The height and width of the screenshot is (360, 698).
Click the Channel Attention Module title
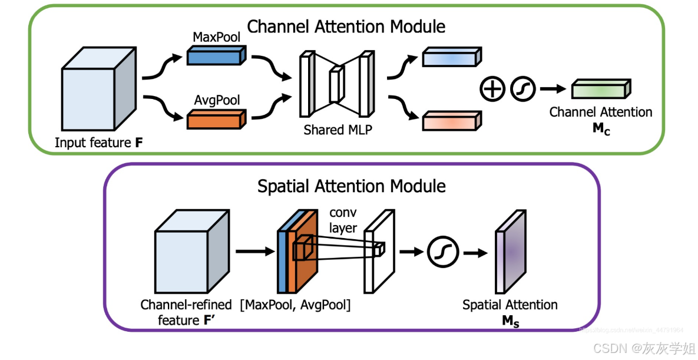coord(346,27)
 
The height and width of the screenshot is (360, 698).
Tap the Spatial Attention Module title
coord(351,186)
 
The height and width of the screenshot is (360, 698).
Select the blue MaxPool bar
coord(214,56)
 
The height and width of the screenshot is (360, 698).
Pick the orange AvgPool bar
coord(214,120)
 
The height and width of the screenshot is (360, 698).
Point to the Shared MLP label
coord(338,130)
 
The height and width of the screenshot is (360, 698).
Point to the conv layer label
coord(343,220)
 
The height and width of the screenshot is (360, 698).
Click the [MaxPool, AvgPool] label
coord(295,305)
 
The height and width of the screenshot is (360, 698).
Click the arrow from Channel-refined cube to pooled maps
coord(254,252)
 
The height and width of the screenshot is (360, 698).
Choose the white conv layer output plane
coord(377,254)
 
